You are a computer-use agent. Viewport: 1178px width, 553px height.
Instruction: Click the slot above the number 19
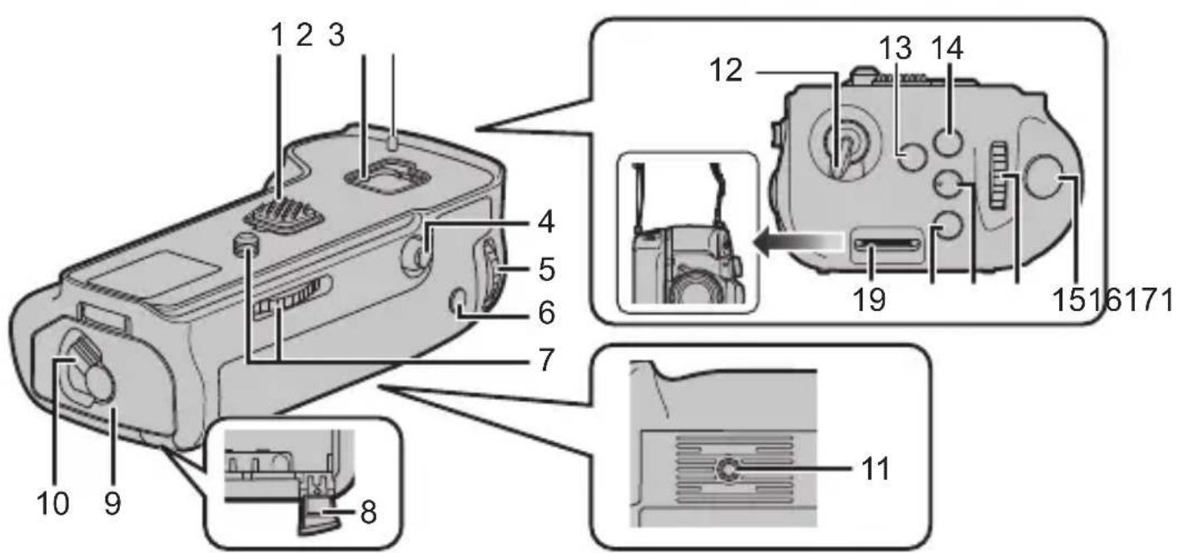pyautogui.click(x=887, y=244)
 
